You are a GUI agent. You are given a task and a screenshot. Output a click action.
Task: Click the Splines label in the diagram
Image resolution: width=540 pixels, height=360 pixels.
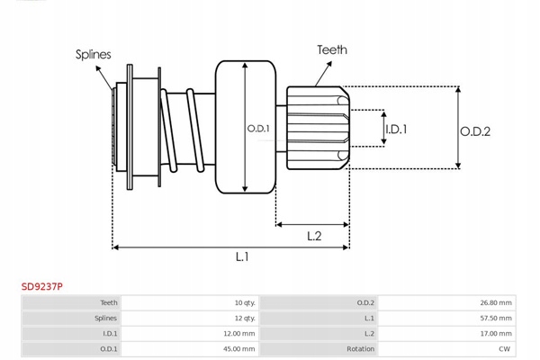(93, 54)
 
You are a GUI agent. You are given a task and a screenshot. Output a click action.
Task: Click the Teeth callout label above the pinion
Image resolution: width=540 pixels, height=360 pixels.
(331, 50)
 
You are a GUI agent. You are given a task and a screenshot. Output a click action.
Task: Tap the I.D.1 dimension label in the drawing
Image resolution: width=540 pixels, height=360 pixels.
(396, 129)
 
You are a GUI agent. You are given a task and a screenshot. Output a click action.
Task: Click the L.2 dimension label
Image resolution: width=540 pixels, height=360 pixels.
(314, 236)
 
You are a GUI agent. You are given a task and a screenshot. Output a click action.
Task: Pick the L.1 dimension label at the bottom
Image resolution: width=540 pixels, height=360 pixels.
(242, 257)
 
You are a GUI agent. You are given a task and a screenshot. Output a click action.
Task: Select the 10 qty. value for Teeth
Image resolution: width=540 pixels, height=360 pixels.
(243, 302)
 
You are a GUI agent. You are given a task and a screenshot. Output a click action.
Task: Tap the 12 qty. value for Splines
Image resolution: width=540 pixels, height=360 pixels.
(243, 318)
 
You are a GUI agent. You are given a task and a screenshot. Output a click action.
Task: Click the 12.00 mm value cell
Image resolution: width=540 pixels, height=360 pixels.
(238, 333)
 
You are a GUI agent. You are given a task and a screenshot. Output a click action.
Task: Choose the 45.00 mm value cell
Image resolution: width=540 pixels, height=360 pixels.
(238, 348)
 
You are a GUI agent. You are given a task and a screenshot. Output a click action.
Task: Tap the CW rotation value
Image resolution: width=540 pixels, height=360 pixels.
(505, 348)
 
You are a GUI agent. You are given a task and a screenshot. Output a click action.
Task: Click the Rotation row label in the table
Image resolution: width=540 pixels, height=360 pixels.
(360, 348)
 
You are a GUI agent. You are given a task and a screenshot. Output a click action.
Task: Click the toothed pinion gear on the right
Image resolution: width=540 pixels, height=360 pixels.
(317, 128)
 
